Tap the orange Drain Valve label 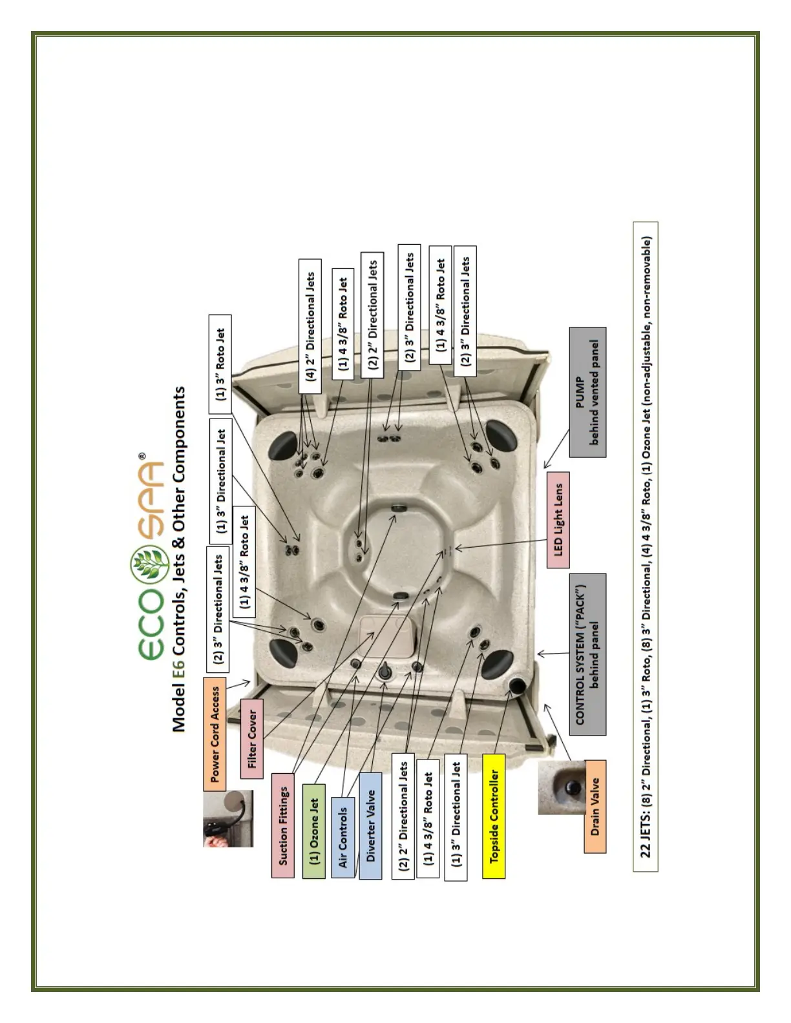click(595, 807)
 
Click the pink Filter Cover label click(251, 738)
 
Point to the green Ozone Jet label click(314, 831)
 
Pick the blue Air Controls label click(343, 837)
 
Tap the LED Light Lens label click(558, 520)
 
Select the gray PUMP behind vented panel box click(587, 392)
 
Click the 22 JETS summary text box click(646, 546)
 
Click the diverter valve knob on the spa click(385, 672)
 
